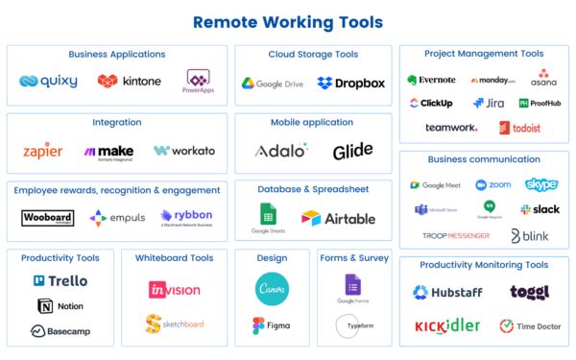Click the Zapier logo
43,152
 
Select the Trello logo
60,281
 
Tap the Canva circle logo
272,288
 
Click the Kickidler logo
446,325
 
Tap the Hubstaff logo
447,292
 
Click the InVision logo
174,289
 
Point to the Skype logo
541,184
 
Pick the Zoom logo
492,184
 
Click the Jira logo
489,103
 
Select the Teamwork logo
451,127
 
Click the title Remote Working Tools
288,21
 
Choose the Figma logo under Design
271,325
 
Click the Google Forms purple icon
352,285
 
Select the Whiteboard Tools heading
174,259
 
